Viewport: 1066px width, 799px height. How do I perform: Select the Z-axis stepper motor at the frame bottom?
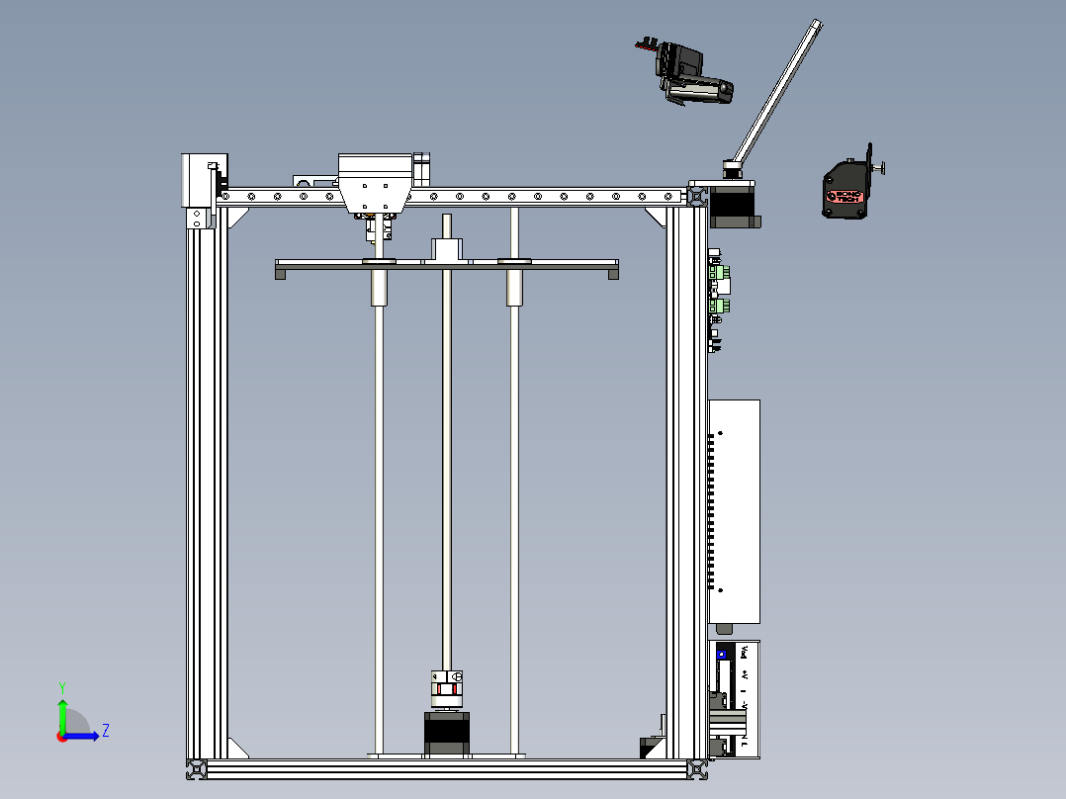coord(446,734)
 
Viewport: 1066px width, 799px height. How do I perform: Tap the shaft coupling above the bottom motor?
coord(446,689)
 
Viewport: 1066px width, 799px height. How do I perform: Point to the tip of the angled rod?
coord(817,24)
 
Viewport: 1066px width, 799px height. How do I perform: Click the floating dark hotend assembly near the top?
coord(692,75)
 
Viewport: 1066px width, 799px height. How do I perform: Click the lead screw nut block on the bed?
coord(447,251)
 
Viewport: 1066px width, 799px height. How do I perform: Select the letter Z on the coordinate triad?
coord(105,731)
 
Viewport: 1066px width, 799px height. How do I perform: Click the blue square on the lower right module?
coord(721,653)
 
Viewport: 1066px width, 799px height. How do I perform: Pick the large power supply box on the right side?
coord(735,510)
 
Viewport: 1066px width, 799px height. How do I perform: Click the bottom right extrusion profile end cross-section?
coord(698,768)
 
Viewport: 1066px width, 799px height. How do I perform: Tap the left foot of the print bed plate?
coord(281,274)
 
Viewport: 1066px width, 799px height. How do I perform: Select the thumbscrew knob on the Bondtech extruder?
coord(879,167)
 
